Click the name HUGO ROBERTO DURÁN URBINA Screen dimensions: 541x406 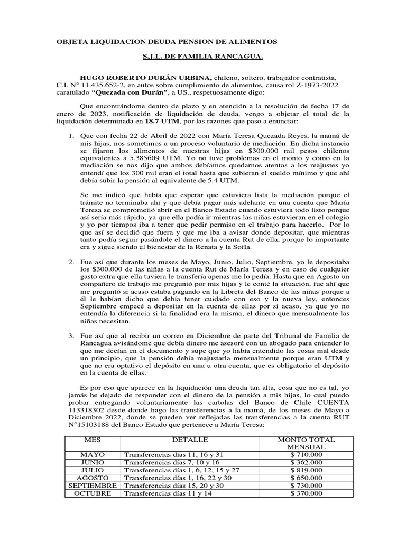[x=144, y=78]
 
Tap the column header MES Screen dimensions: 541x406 [x=93, y=440]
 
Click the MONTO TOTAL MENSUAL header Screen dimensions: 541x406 [x=306, y=443]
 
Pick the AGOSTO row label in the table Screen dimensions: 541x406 [x=93, y=478]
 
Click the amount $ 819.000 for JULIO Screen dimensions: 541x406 [x=306, y=470]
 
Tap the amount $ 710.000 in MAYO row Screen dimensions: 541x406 [x=306, y=454]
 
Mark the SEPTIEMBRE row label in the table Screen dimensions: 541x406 [x=93, y=486]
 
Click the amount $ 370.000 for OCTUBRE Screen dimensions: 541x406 [x=306, y=493]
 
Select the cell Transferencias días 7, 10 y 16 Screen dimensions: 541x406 [x=165, y=462]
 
